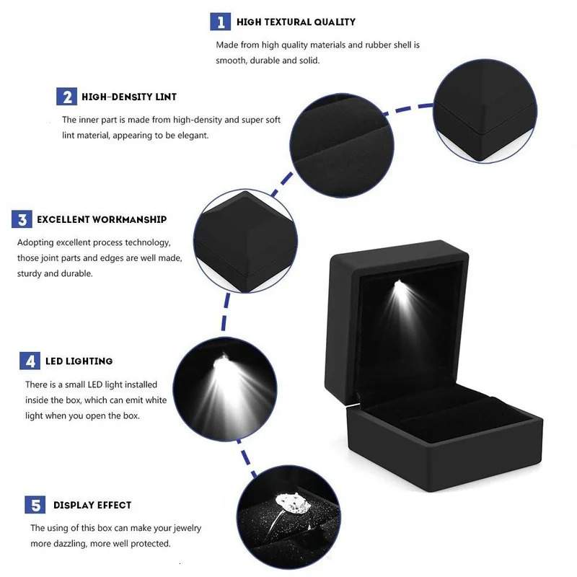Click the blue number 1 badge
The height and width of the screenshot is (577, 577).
click(221, 22)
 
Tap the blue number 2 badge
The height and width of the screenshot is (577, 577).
click(67, 97)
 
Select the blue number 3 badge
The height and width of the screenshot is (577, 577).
click(22, 219)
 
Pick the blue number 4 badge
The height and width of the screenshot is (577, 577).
click(30, 361)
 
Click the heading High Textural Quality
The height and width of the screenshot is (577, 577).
click(296, 22)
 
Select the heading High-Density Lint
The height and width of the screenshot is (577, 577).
click(129, 97)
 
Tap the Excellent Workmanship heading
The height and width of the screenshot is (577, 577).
click(102, 219)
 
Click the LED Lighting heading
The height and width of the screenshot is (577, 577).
click(79, 361)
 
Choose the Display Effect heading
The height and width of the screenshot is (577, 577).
click(92, 506)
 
